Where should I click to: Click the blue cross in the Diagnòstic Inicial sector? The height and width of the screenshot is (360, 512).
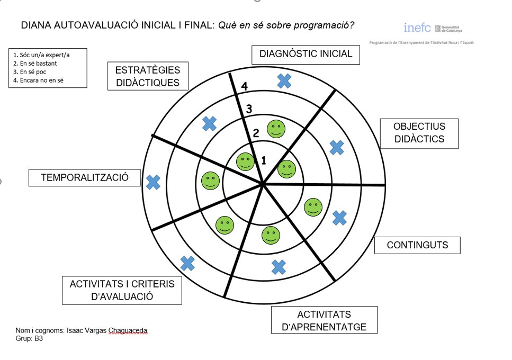(284, 80)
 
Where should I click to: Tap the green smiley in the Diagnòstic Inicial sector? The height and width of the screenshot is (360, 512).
(276, 128)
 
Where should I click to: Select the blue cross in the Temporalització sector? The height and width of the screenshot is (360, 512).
(153, 183)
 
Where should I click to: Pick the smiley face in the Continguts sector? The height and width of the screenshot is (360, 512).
(313, 206)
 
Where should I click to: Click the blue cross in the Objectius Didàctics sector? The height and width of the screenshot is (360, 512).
(336, 147)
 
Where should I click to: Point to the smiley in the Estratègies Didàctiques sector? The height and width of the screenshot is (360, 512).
(245, 161)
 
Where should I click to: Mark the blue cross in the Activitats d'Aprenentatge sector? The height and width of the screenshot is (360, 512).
(279, 267)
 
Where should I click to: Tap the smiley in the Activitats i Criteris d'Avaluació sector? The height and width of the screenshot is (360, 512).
(224, 225)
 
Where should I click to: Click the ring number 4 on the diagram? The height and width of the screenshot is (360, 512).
(244, 86)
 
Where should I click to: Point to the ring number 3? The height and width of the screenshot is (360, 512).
(248, 110)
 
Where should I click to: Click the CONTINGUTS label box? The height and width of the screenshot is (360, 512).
(417, 245)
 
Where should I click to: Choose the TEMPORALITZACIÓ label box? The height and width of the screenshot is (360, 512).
(85, 178)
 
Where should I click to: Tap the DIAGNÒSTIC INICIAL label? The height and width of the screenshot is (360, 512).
(306, 54)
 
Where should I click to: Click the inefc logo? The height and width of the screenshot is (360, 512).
(417, 28)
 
